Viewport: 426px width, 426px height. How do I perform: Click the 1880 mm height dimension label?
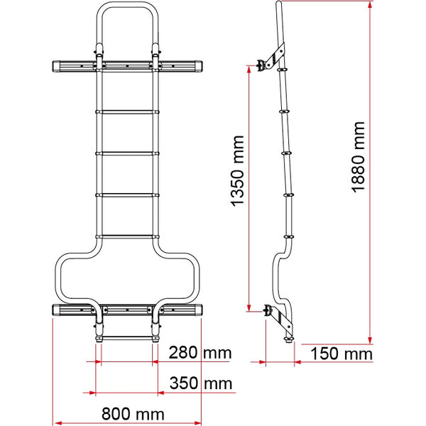(x=358, y=158)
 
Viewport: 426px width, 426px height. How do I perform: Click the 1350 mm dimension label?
(x=237, y=171)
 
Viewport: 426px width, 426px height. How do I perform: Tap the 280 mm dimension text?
(x=200, y=353)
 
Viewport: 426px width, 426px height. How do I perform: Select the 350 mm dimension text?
(x=201, y=383)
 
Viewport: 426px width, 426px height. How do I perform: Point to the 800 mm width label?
(x=133, y=414)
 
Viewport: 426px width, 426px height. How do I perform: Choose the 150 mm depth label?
(x=342, y=354)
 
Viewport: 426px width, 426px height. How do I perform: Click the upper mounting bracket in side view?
(x=270, y=59)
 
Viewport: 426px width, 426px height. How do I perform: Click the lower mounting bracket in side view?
(x=278, y=321)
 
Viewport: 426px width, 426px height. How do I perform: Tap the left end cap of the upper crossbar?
(x=58, y=66)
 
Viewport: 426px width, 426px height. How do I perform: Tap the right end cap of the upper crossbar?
(x=197, y=66)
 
